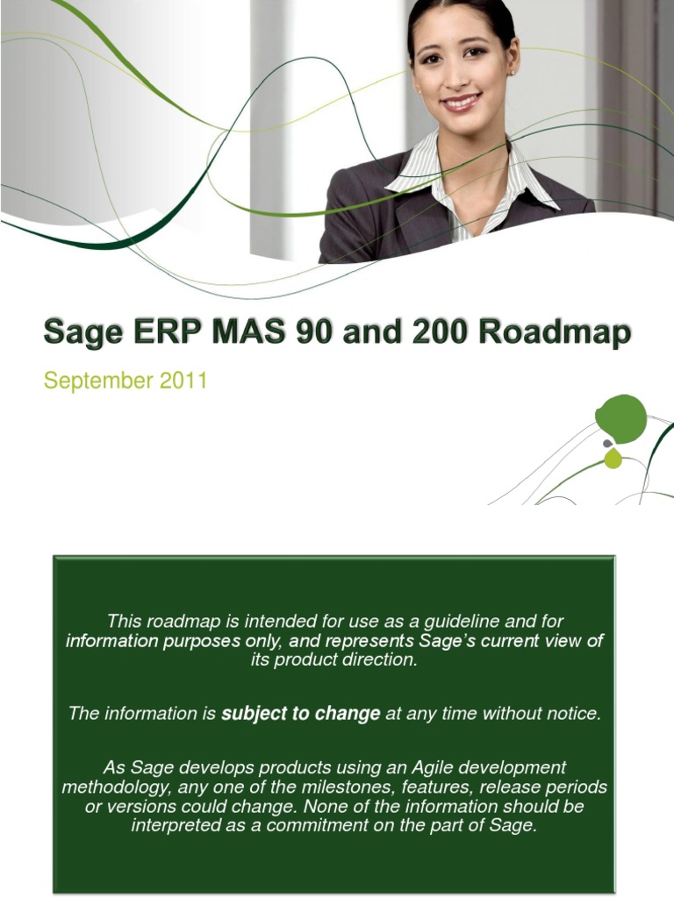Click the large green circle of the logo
coord(620,417)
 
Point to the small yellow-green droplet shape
coord(613,459)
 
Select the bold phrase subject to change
coord(300,714)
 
